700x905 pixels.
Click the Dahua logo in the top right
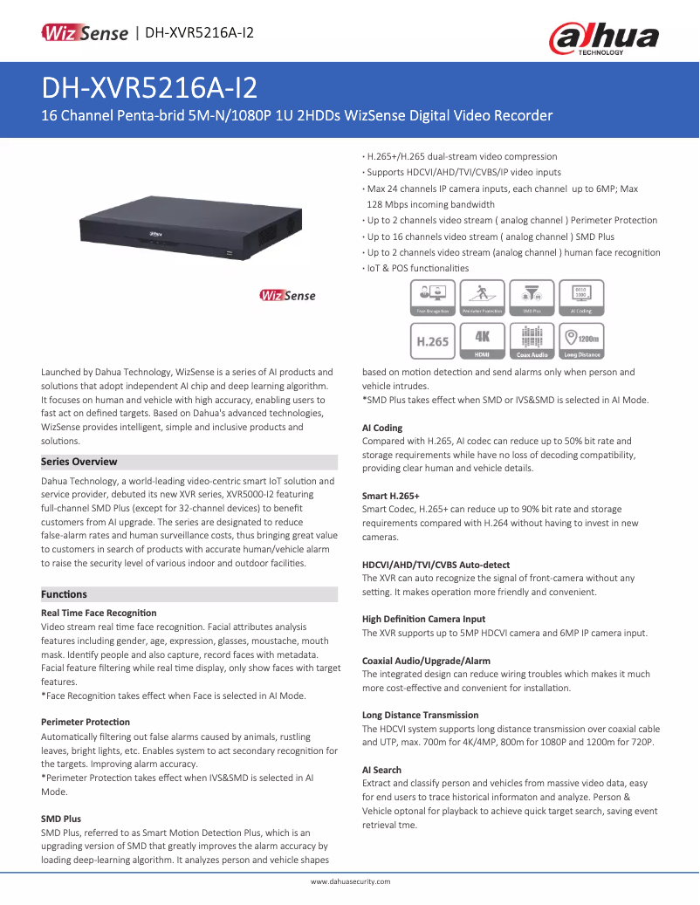pyautogui.click(x=603, y=38)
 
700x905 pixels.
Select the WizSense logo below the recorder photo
pyautogui.click(x=287, y=296)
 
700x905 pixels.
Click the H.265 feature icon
pyautogui.click(x=432, y=340)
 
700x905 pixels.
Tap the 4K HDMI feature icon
pyautogui.click(x=482, y=340)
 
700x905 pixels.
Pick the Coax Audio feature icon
pyautogui.click(x=532, y=340)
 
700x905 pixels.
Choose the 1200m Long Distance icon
pyautogui.click(x=581, y=340)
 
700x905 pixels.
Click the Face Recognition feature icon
pyautogui.click(x=432, y=297)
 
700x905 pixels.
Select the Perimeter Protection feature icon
pyautogui.click(x=482, y=297)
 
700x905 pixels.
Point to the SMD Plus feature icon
pyautogui.click(x=532, y=297)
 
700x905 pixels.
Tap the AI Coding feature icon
pyautogui.click(x=581, y=297)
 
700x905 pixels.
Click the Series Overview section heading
pyautogui.click(x=79, y=462)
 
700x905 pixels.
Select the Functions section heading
pyautogui.click(x=65, y=594)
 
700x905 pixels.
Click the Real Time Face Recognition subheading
pyautogui.click(x=99, y=614)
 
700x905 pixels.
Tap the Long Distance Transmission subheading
pyautogui.click(x=420, y=715)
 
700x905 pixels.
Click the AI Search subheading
pyautogui.click(x=381, y=770)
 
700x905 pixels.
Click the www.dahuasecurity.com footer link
pyautogui.click(x=350, y=881)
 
